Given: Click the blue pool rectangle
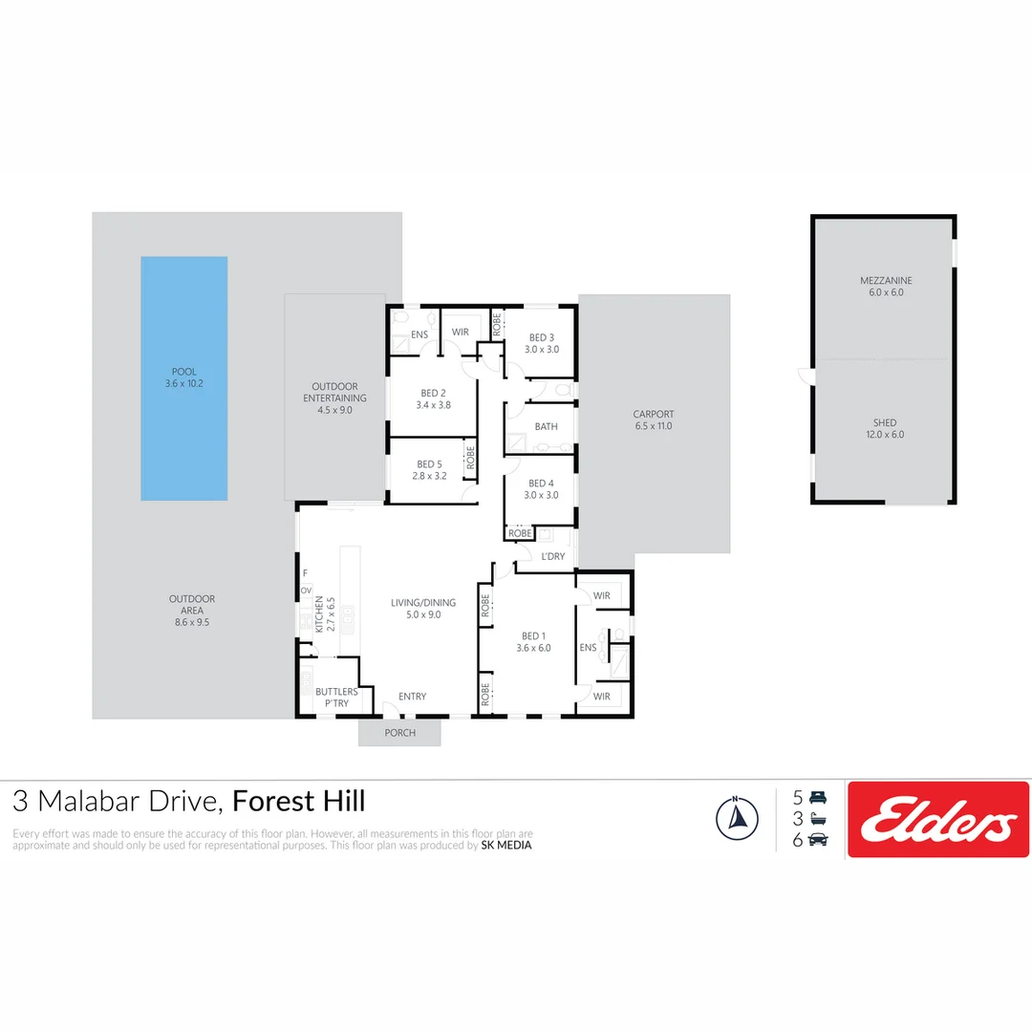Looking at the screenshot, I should (184, 377).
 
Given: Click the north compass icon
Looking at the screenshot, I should (737, 818).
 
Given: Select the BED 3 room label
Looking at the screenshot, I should (541, 337).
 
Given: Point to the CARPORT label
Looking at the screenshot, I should (654, 415).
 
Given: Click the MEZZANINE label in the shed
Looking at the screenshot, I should (886, 281).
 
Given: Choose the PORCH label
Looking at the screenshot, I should (399, 734).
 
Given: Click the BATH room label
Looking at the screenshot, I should (547, 427).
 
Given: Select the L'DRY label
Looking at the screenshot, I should (553, 556).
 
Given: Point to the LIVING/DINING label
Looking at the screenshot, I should (423, 603).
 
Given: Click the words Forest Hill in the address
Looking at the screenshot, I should (299, 801).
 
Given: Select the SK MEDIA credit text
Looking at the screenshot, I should (506, 845).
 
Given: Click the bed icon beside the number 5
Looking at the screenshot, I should (817, 797).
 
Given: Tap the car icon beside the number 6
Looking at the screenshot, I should (817, 839).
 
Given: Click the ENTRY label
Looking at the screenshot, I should (413, 697).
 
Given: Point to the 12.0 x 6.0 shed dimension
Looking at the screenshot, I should (884, 435).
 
